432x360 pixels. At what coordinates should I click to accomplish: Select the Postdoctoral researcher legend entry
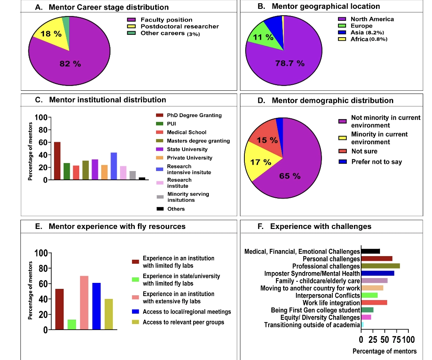[x=179, y=26]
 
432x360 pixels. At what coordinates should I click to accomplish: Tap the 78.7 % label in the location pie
[x=290, y=63]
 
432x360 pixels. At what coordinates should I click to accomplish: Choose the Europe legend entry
[x=361, y=26]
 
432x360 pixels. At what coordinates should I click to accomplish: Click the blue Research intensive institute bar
[x=114, y=166]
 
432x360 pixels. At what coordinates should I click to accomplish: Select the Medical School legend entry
[x=186, y=132]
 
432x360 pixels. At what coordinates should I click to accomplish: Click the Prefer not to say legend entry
[x=376, y=162]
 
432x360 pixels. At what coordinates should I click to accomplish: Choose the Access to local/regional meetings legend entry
[x=186, y=312]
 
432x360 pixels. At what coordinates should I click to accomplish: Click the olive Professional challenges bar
[x=380, y=266]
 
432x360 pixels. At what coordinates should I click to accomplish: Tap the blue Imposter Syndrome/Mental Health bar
[x=378, y=273]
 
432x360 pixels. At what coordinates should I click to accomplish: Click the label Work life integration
[x=331, y=303]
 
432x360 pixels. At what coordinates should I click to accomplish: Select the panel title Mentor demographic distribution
[x=332, y=101]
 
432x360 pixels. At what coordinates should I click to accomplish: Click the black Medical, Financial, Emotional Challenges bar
[x=370, y=251]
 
